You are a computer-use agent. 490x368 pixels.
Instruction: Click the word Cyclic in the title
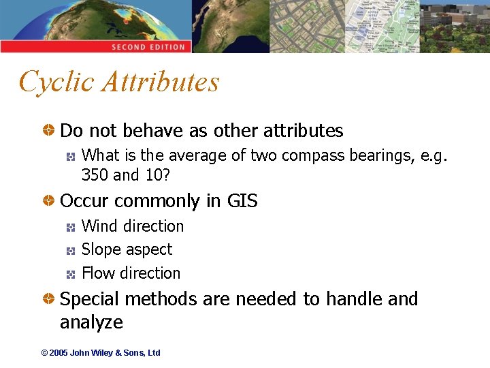click(x=56, y=82)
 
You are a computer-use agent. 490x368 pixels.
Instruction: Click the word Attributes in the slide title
click(x=161, y=82)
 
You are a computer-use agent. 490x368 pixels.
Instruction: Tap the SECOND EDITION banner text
click(x=148, y=47)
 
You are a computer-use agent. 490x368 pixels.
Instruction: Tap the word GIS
click(x=242, y=201)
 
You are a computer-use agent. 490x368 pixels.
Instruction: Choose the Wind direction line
click(x=133, y=226)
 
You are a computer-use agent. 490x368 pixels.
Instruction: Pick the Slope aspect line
click(x=127, y=249)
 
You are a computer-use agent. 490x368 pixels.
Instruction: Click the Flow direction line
click(x=131, y=273)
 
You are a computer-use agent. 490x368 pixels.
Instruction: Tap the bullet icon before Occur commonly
click(x=50, y=201)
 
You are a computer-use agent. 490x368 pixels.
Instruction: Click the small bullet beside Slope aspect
click(x=71, y=251)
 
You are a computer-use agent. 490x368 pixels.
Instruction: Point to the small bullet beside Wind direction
click(x=71, y=227)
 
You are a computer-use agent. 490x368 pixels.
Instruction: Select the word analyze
click(x=91, y=322)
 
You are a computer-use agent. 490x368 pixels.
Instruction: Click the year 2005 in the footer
click(x=59, y=353)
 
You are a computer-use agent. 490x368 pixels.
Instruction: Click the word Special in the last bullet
click(x=88, y=299)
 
